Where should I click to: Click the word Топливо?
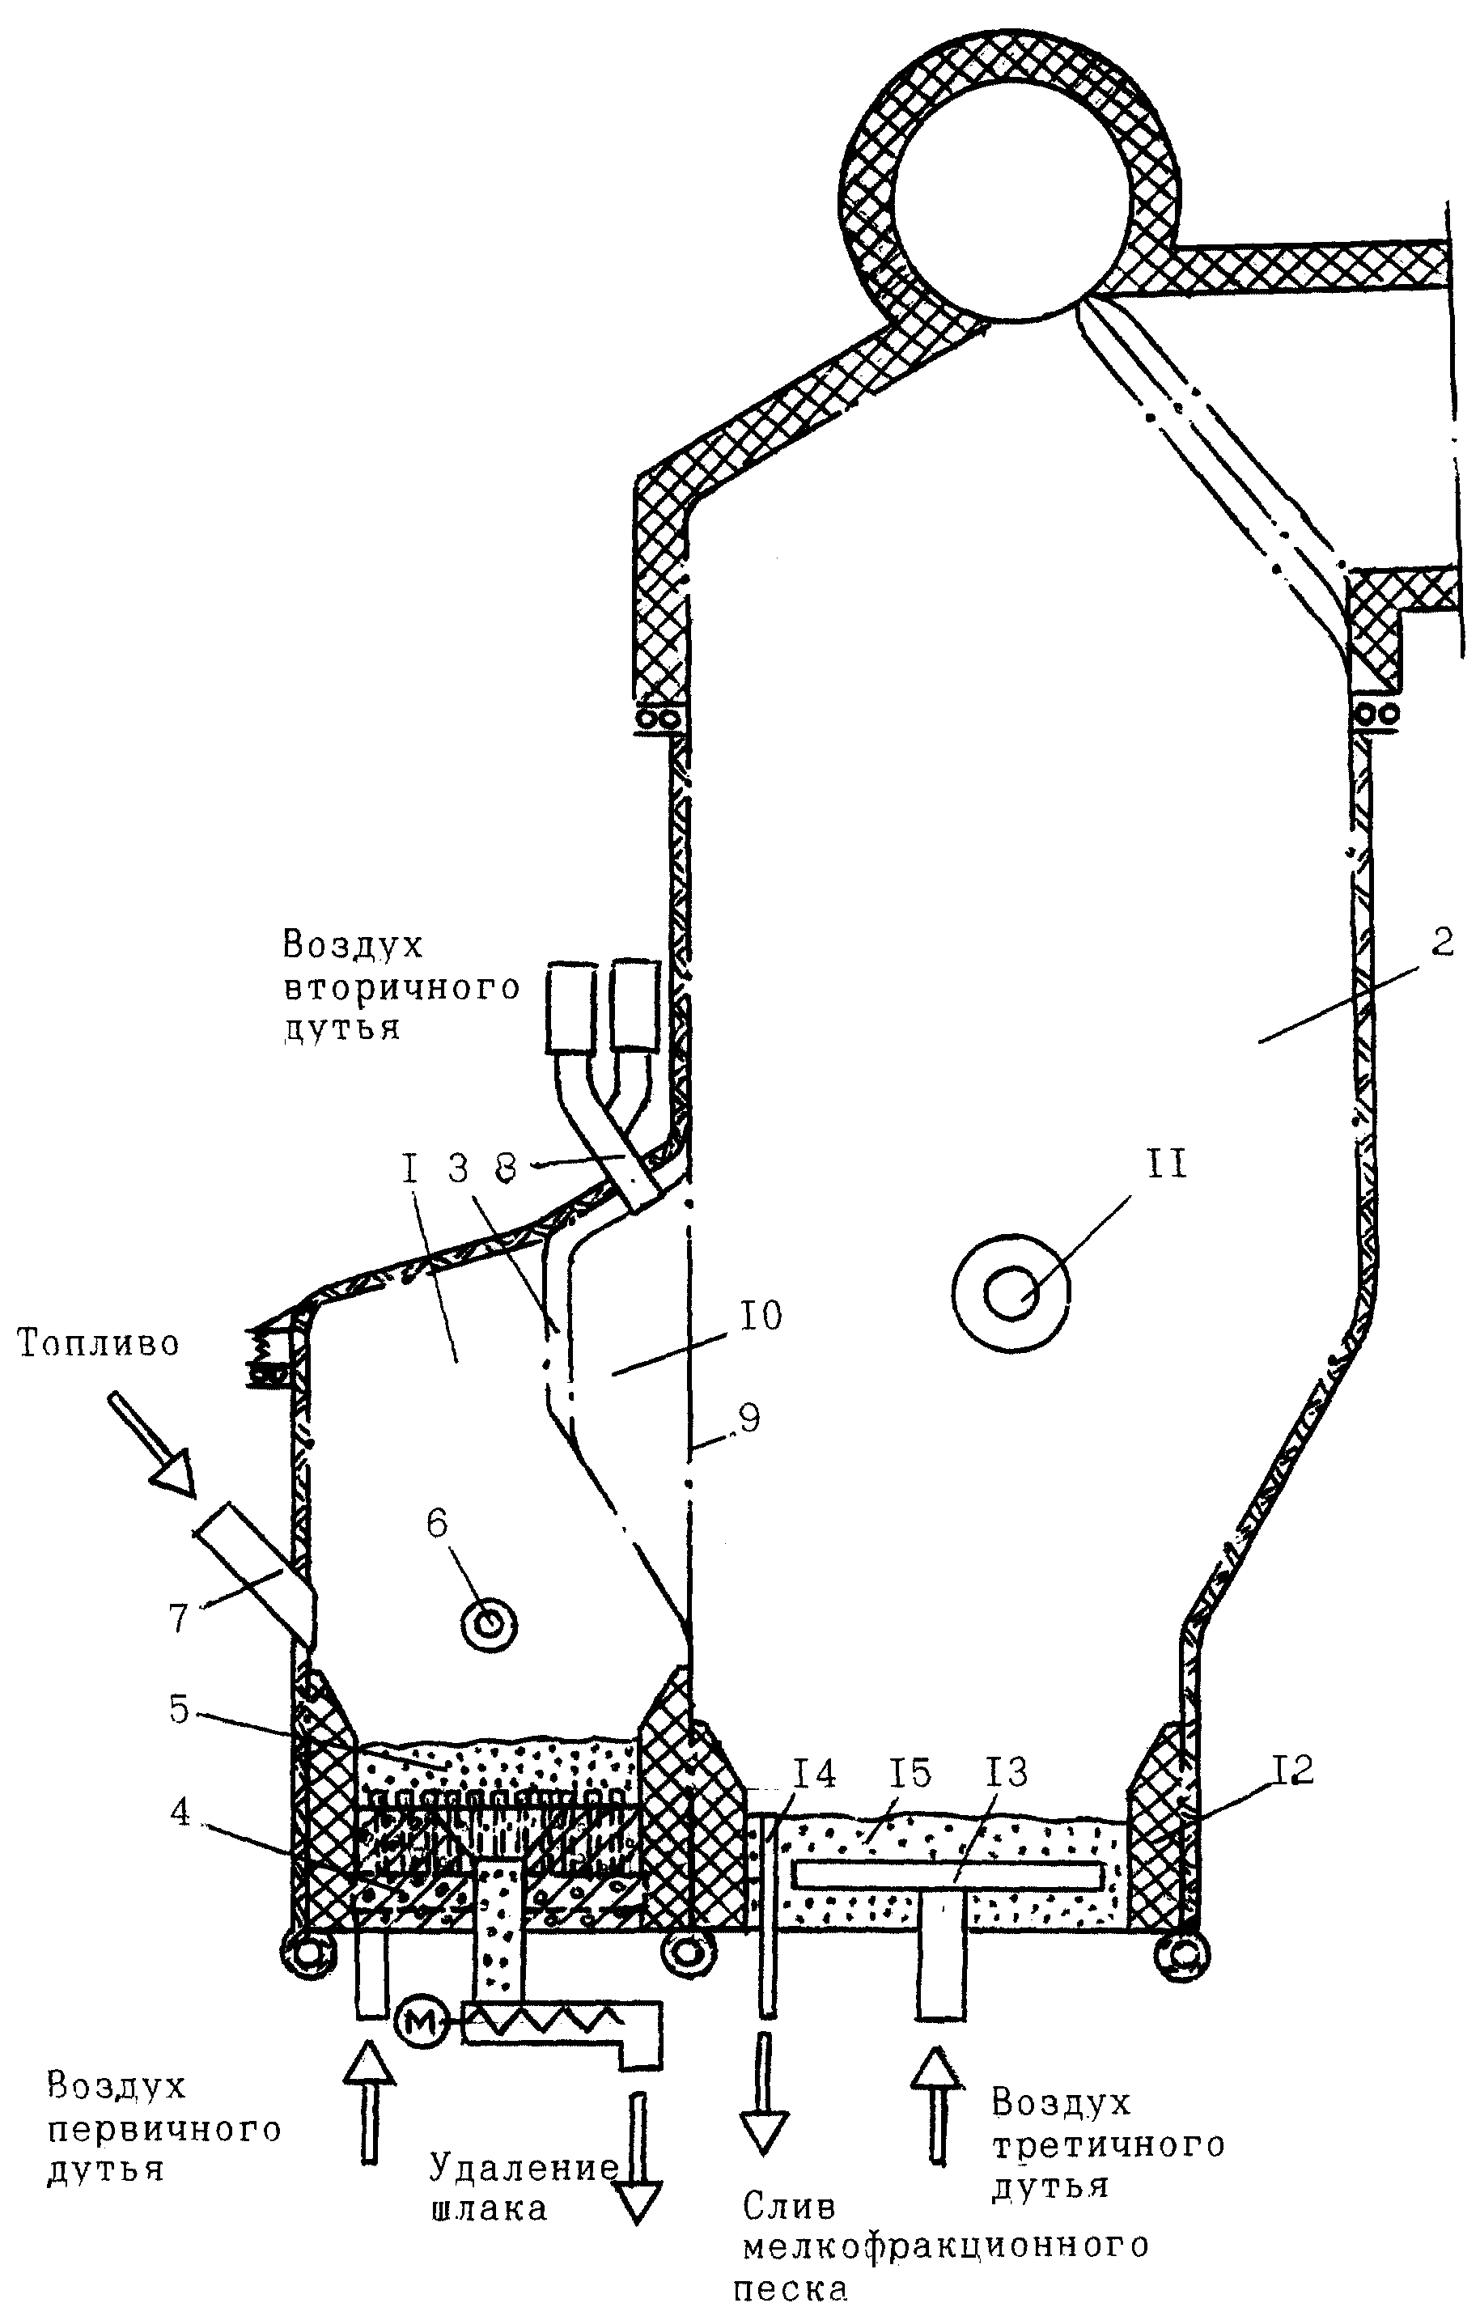coord(98,1343)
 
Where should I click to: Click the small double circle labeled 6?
coord(490,1626)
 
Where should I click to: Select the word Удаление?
coord(524,2169)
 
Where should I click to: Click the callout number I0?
coord(761,1315)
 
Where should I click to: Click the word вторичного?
coord(402,989)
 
